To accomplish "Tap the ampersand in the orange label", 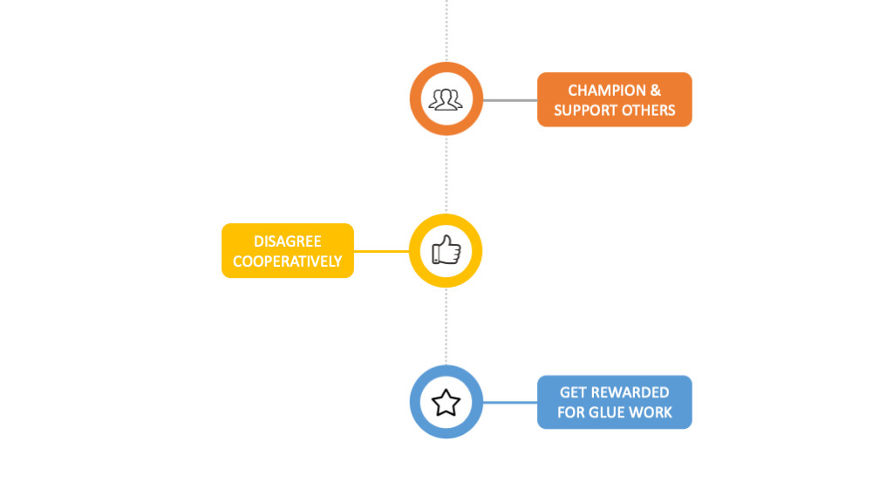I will (655, 91).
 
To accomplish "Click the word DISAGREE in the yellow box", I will (287, 241).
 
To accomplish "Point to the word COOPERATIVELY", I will (287, 261).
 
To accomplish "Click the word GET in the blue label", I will (573, 393).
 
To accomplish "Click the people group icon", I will (446, 99).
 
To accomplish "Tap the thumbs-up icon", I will (446, 251).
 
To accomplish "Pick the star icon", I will (446, 403).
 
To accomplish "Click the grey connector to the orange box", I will (510, 100).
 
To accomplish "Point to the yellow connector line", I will (381, 251).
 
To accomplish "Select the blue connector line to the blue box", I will (510, 403).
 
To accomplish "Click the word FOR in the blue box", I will (572, 412).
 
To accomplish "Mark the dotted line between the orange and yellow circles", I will (446, 174).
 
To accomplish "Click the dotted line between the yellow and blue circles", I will (446, 327).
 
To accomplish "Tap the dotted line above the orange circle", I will (446, 31).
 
